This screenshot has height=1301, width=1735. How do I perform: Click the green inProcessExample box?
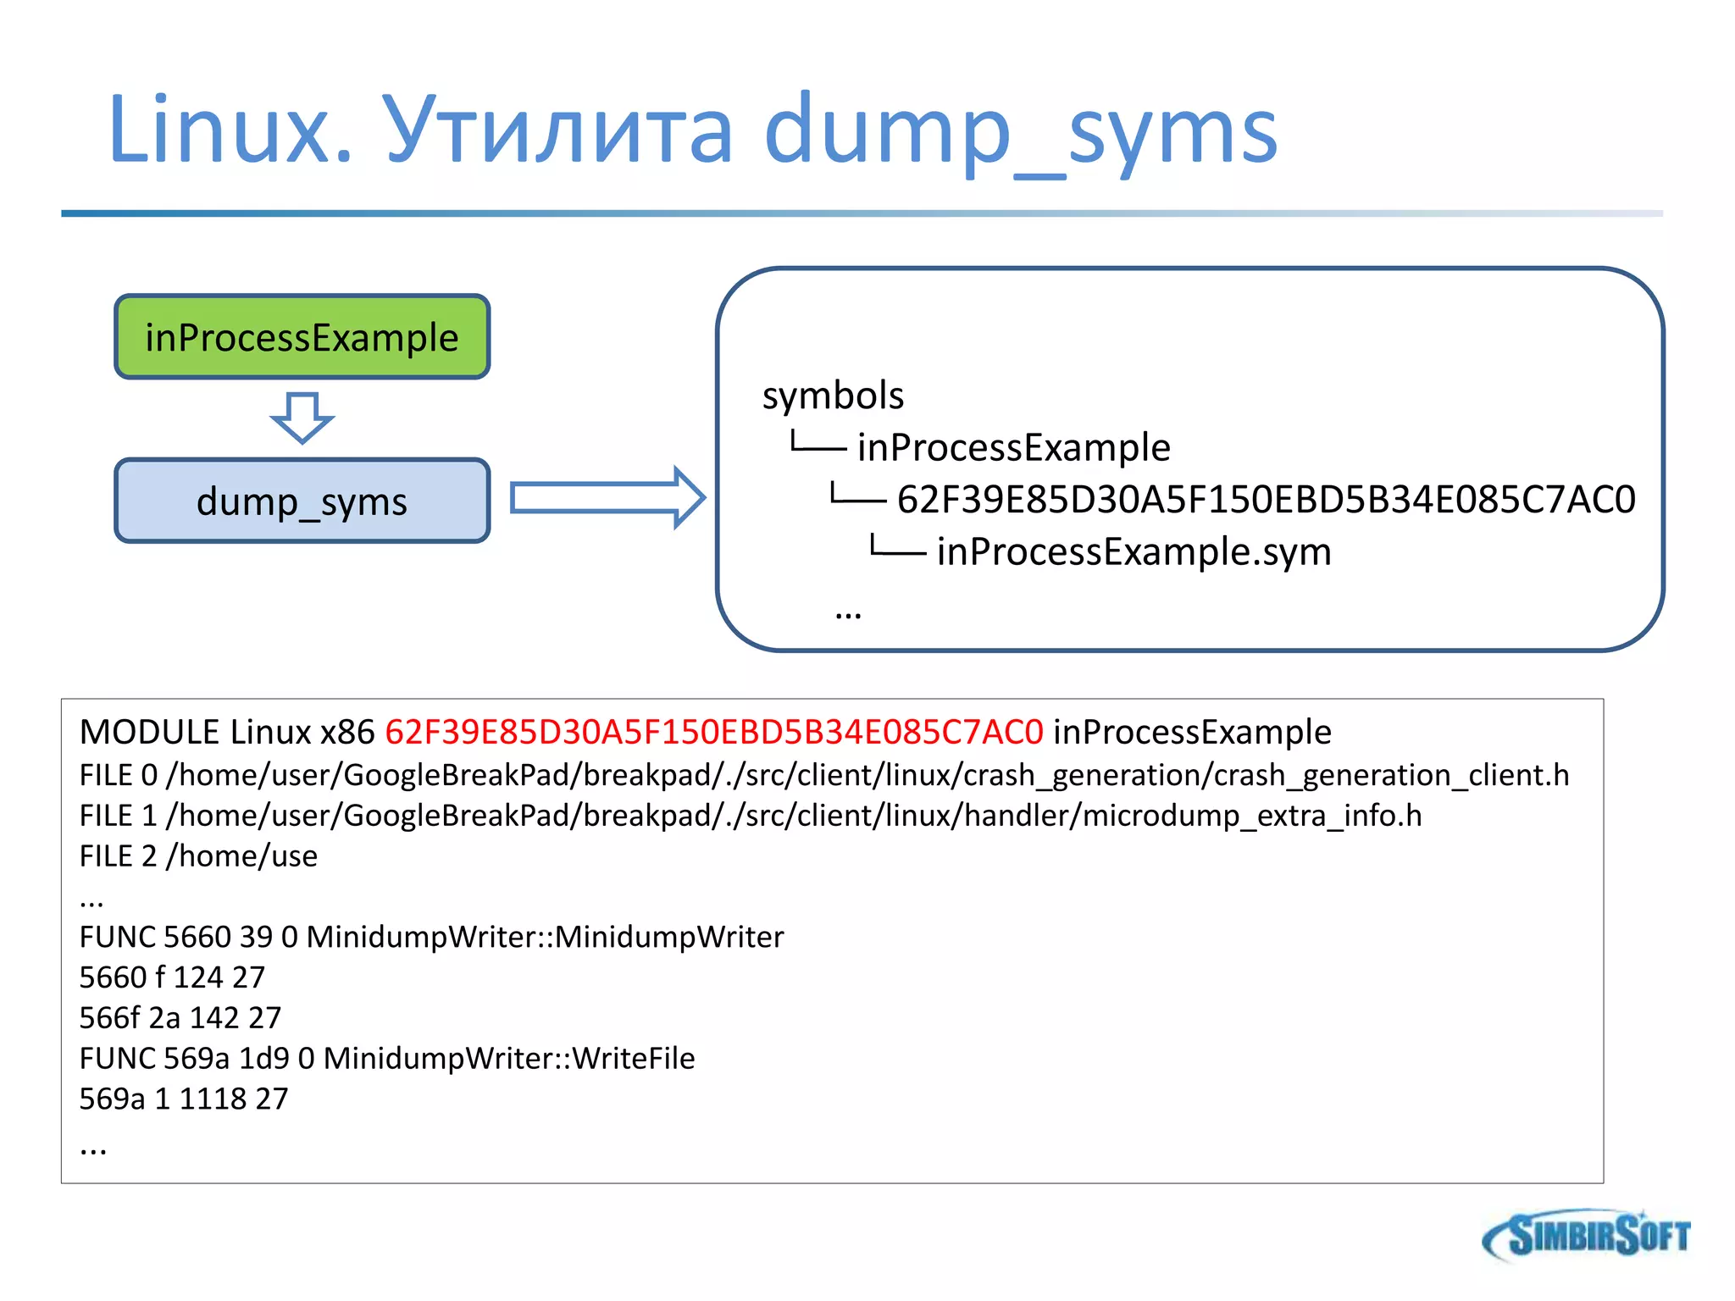click(302, 337)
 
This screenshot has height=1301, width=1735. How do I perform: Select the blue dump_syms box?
click(302, 501)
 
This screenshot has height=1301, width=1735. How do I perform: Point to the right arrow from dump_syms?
click(607, 497)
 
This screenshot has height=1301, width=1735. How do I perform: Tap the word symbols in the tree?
click(833, 396)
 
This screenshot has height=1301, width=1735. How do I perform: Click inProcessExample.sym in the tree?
click(1134, 551)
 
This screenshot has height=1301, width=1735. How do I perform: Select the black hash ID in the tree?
click(1266, 500)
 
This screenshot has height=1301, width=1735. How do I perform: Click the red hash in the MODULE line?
click(714, 732)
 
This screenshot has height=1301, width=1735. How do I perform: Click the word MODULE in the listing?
click(150, 732)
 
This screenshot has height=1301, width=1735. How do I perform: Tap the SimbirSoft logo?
click(1587, 1235)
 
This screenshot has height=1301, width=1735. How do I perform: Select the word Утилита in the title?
click(558, 130)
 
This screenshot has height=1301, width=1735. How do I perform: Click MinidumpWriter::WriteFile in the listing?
click(509, 1059)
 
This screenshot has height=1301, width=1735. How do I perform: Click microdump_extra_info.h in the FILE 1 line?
click(1252, 816)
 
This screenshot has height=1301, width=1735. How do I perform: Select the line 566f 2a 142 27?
click(180, 1018)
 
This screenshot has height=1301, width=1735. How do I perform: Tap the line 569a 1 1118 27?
click(184, 1099)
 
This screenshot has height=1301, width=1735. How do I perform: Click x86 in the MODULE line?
click(347, 732)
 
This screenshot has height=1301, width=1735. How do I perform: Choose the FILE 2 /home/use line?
click(198, 856)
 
